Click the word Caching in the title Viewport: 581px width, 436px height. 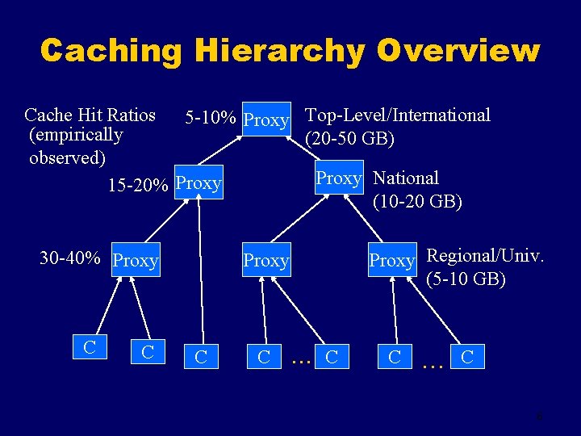[x=111, y=51]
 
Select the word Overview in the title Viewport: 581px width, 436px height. [x=457, y=51]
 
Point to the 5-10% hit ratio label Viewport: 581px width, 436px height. [x=211, y=119]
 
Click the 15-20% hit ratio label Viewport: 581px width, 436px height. [x=138, y=185]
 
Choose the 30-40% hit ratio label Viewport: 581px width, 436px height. [x=70, y=258]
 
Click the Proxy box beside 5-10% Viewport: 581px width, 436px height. [x=266, y=120]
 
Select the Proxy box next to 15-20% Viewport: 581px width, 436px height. [x=198, y=183]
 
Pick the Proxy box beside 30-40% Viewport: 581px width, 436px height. [x=136, y=261]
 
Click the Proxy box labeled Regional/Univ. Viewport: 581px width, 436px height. [x=391, y=261]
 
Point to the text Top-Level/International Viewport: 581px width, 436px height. [x=398, y=115]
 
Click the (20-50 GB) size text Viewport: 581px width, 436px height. [x=350, y=138]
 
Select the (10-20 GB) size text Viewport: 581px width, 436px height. [x=417, y=201]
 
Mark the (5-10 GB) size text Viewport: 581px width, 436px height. [x=466, y=279]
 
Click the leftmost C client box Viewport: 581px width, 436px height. [x=90, y=347]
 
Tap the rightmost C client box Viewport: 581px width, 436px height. [x=467, y=355]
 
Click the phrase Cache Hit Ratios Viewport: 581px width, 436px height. [x=90, y=115]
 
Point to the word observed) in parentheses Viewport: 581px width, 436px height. [x=67, y=157]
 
